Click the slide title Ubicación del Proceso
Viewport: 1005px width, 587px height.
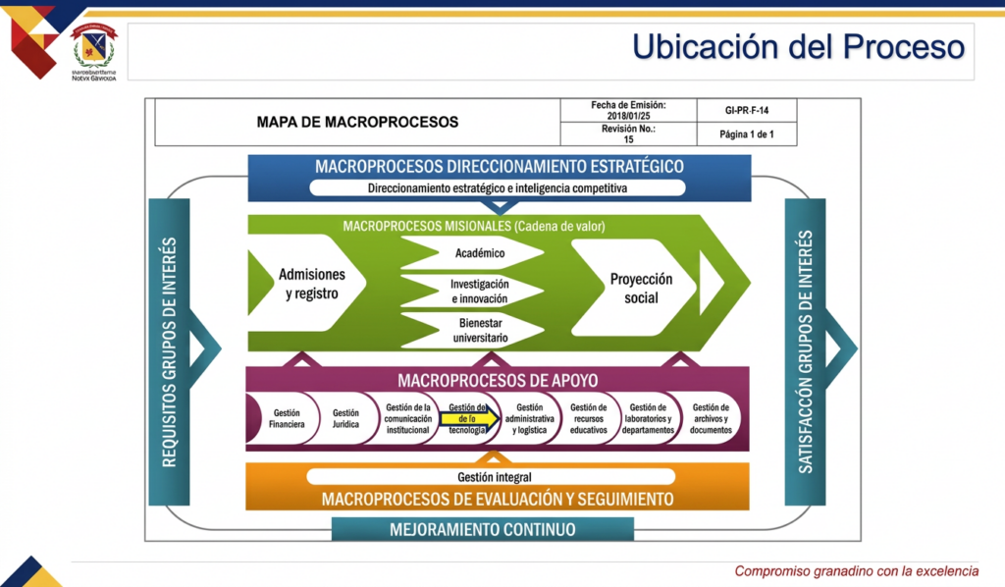pos(797,46)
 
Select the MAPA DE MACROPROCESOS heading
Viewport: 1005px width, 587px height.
pos(357,123)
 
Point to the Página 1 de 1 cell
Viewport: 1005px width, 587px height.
pos(747,134)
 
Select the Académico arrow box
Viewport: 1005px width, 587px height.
pos(480,253)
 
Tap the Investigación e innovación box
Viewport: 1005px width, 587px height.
pos(480,291)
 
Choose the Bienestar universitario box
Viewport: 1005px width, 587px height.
pos(480,330)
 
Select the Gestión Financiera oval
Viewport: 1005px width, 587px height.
pos(286,419)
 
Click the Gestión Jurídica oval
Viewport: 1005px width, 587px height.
pos(345,419)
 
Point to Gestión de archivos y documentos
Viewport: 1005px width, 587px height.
pos(711,419)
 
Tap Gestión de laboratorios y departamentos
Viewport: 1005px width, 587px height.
pos(648,419)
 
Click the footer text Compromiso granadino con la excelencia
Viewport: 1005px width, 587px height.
pos(857,571)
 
